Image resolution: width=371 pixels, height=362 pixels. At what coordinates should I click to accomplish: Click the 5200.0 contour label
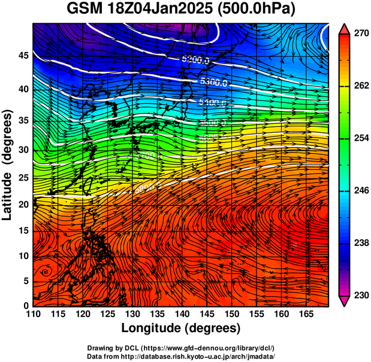pos(195,60)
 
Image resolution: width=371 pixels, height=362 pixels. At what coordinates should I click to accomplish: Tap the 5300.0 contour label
pos(213,83)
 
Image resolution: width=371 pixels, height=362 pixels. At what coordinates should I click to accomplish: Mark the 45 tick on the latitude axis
pos(23,56)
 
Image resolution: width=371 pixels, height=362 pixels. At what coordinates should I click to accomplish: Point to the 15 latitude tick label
pos(23,231)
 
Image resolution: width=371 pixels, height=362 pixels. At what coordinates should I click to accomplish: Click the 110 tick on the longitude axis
pos(33,314)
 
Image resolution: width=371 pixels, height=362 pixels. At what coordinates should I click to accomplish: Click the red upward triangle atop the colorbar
pos(345,28)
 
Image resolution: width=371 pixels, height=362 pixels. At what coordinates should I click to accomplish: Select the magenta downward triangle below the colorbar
pos(345,302)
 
